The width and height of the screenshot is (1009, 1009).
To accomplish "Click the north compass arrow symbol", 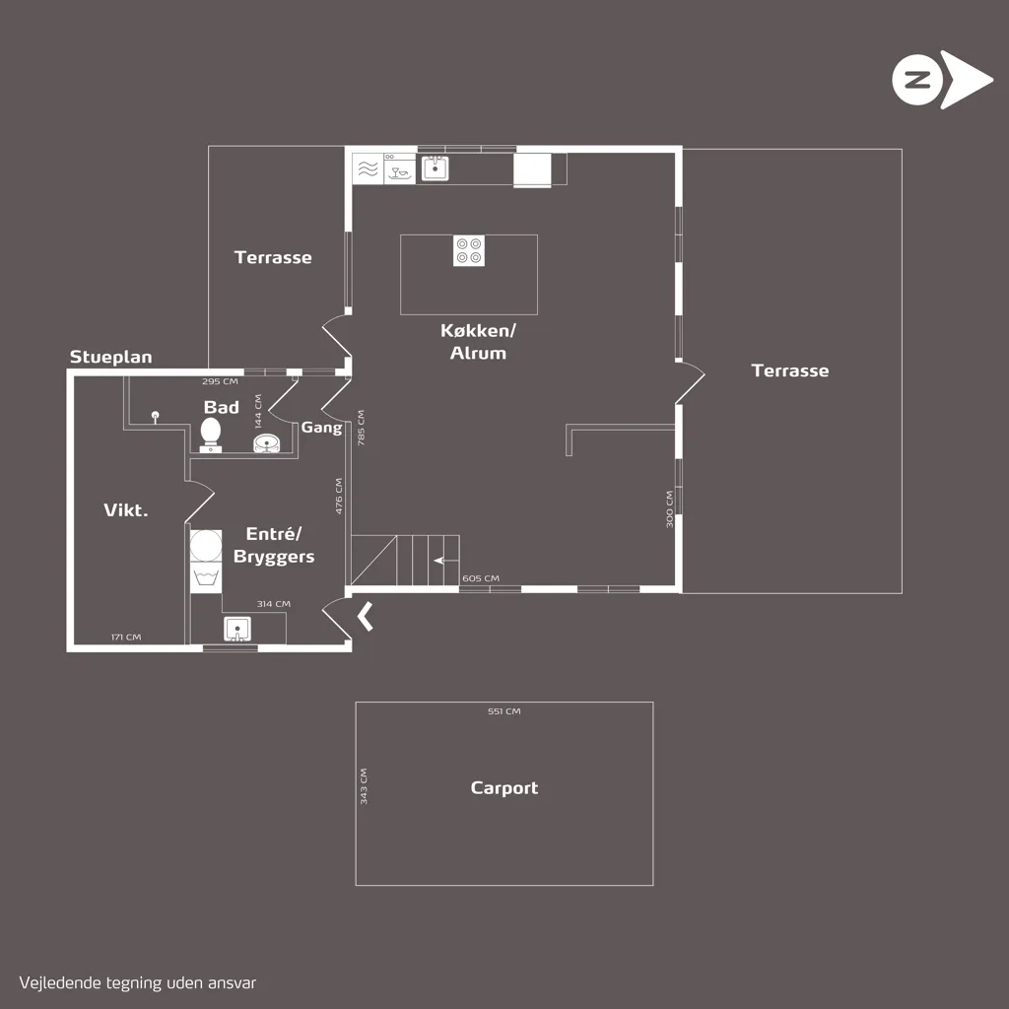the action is point(942,80).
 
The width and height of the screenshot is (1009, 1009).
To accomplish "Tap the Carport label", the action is point(504,787).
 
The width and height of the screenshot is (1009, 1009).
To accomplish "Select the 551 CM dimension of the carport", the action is point(504,711).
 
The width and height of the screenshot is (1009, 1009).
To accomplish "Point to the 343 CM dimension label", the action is point(364,785).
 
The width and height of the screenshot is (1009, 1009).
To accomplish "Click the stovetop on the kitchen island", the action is point(468,250).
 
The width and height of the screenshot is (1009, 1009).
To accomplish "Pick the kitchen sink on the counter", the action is point(435,168).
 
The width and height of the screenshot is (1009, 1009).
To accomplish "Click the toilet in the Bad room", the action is point(211,435).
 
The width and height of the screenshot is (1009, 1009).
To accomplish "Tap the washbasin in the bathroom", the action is point(267,442).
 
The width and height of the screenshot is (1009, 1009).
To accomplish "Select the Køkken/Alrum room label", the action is point(478,342).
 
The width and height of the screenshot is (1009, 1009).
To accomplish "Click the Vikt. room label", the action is point(125,510).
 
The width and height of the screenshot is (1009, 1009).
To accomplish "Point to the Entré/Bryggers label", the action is point(274,545).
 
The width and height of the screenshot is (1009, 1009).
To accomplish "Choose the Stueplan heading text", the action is point(110,357).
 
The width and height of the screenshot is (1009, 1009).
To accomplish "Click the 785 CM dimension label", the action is point(361,428).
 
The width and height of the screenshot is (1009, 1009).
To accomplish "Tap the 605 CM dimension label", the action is point(481,577).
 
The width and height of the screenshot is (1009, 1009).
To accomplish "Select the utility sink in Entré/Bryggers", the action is point(237,629).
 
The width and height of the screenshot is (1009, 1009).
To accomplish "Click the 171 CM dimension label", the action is point(125,638).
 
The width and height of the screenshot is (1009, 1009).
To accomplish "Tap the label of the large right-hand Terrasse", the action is point(789,370).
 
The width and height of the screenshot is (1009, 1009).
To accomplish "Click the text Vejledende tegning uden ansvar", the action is point(138,982).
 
